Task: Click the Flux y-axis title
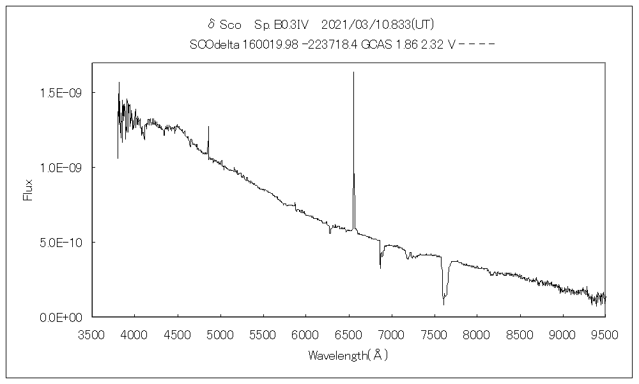click(27, 189)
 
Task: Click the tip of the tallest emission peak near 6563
click(353, 72)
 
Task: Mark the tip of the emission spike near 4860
click(208, 127)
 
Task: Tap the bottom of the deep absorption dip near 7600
click(443, 304)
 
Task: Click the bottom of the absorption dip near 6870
click(380, 268)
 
